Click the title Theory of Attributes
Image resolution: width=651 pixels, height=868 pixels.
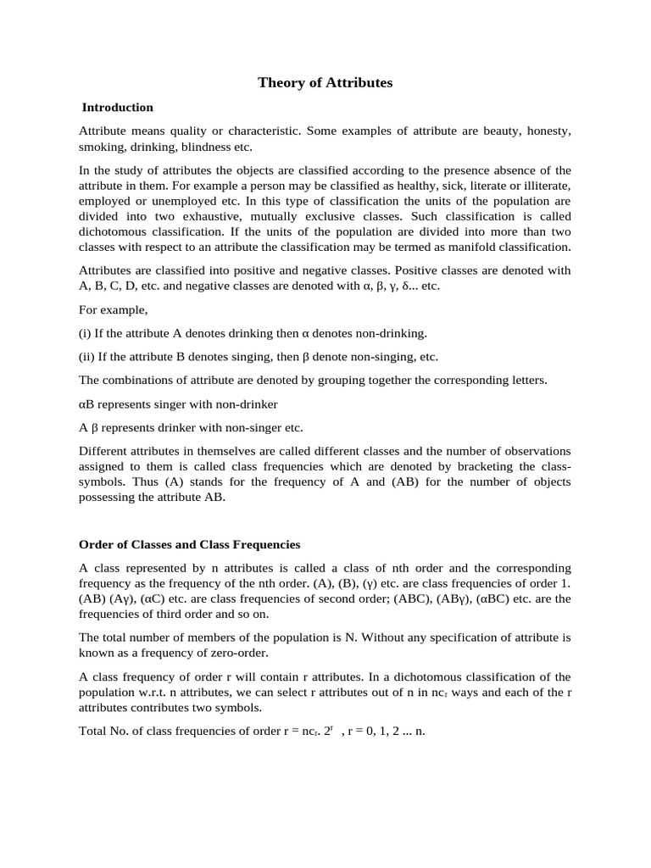point(325,83)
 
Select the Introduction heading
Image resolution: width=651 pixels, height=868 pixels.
point(117,108)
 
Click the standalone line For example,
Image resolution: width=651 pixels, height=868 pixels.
point(113,309)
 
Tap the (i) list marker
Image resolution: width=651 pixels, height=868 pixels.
point(86,333)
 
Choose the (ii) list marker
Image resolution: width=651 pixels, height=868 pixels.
point(87,357)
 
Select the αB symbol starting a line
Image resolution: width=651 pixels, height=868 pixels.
point(86,404)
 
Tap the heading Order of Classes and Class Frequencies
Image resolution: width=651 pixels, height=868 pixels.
point(189,544)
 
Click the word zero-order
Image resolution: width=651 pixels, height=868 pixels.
point(241,654)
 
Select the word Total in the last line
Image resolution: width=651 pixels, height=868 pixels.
point(94,730)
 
